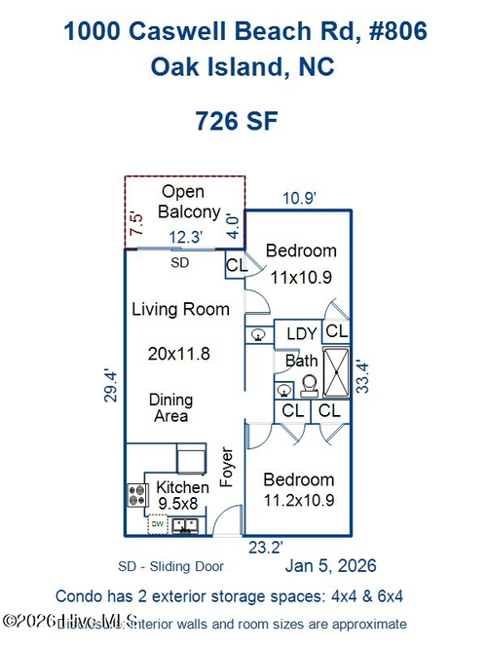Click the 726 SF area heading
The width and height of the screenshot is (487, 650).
click(237, 122)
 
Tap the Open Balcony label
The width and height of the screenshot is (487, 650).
click(190, 202)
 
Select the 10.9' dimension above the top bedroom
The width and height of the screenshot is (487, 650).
click(299, 198)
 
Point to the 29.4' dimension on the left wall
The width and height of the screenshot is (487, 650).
click(111, 385)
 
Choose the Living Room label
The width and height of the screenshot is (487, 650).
click(180, 309)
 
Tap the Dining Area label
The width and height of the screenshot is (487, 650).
click(170, 407)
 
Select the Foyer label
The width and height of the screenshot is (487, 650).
click(227, 468)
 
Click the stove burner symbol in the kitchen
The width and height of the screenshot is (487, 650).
click(136, 495)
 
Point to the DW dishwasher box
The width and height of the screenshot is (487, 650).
click(157, 524)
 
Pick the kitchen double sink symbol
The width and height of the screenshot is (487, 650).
click(185, 525)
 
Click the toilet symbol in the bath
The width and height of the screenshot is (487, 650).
click(308, 386)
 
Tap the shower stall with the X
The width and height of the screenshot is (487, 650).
click(337, 371)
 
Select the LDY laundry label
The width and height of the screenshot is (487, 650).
click(301, 334)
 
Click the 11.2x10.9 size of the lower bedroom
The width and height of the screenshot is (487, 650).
click(300, 501)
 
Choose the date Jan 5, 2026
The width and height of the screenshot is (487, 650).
click(330, 565)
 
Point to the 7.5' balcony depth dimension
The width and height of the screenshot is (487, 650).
click(136, 227)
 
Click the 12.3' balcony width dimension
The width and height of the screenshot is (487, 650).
click(184, 236)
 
